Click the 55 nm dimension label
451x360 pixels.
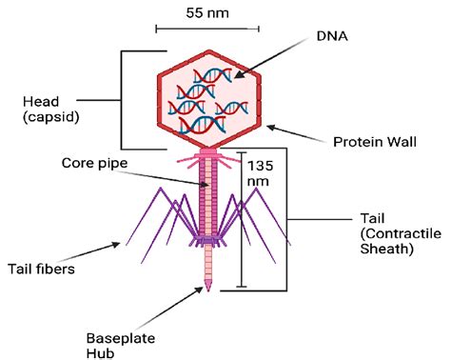tap(206, 14)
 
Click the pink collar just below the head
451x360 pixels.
tap(208, 151)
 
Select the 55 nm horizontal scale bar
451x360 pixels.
tap(206, 29)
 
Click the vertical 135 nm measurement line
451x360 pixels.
tap(242, 219)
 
